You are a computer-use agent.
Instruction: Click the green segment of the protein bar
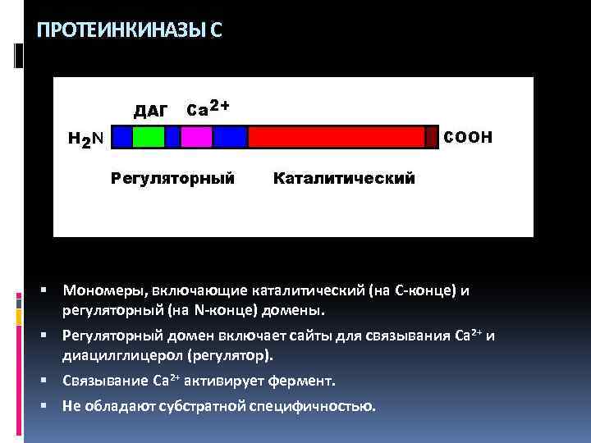coord(149,136)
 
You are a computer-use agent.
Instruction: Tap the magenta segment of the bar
coord(196,136)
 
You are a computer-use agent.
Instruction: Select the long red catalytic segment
coord(336,136)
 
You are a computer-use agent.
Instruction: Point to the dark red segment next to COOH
coord(432,136)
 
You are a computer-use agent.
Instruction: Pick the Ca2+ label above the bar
coord(208,107)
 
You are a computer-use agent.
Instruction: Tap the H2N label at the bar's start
coord(85,139)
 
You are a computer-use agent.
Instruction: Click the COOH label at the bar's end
coord(468,135)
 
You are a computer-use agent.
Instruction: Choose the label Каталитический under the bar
coord(344,177)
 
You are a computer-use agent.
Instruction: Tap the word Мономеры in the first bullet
coord(97,290)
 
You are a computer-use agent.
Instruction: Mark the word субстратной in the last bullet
coord(208,406)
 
